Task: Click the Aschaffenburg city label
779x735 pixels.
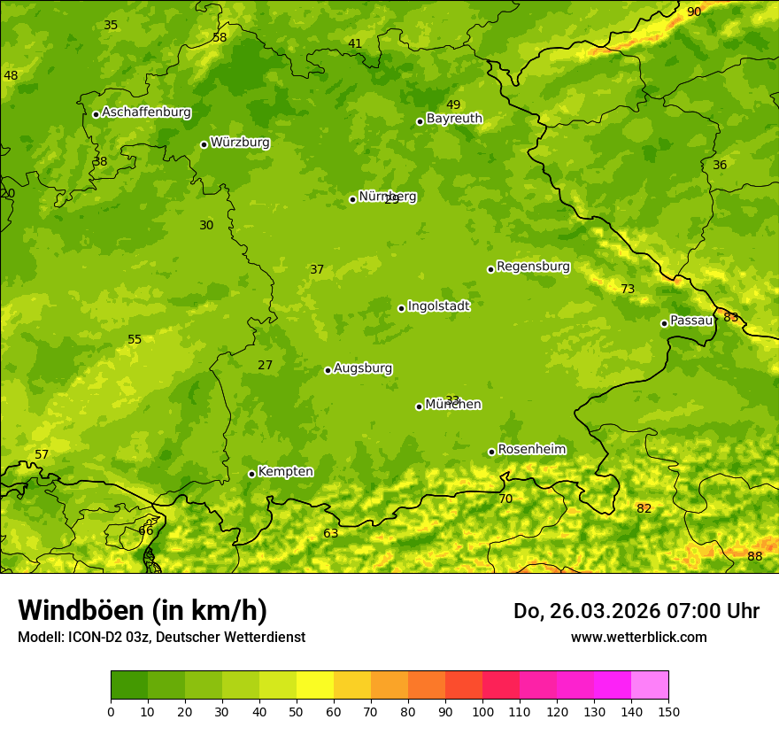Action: pyautogui.click(x=146, y=112)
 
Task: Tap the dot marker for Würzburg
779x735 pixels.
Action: pyautogui.click(x=204, y=144)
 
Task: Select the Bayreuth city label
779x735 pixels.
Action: pyautogui.click(x=454, y=119)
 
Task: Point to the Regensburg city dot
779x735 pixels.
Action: pyautogui.click(x=490, y=269)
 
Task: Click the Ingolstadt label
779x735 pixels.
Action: pyautogui.click(x=438, y=306)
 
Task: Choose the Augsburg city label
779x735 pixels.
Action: pyautogui.click(x=363, y=368)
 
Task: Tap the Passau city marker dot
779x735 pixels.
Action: pyautogui.click(x=664, y=323)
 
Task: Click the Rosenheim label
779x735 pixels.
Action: pyautogui.click(x=531, y=450)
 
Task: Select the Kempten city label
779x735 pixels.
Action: pyautogui.click(x=285, y=472)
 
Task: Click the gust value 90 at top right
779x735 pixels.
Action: pyautogui.click(x=694, y=12)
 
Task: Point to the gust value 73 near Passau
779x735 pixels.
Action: pyautogui.click(x=628, y=290)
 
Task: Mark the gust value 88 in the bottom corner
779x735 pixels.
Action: pyautogui.click(x=754, y=556)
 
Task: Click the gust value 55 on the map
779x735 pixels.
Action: pyautogui.click(x=135, y=340)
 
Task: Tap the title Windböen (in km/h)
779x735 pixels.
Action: pyautogui.click(x=143, y=610)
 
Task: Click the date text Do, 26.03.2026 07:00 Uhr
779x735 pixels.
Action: pyautogui.click(x=636, y=611)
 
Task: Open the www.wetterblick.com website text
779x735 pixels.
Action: pyautogui.click(x=638, y=637)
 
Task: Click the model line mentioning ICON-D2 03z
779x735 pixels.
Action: pyautogui.click(x=161, y=637)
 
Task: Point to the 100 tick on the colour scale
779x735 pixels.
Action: pyautogui.click(x=482, y=711)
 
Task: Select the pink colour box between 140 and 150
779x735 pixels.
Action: pyautogui.click(x=650, y=685)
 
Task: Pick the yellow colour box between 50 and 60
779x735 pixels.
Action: pyautogui.click(x=315, y=685)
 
